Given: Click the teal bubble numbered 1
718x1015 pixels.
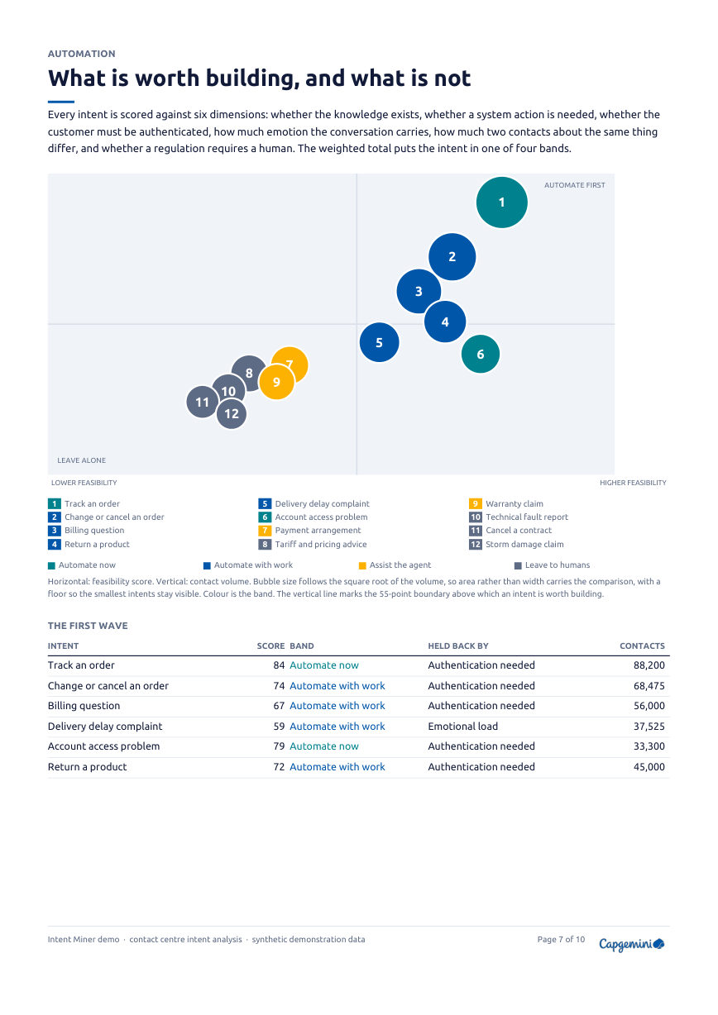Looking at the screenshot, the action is [501, 203].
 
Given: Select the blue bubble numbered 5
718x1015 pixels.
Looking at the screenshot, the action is [379, 342].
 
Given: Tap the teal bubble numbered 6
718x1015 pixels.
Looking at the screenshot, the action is [481, 354].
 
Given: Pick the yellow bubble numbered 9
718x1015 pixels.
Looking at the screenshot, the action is [276, 382].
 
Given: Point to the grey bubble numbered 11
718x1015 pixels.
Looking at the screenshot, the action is [203, 402].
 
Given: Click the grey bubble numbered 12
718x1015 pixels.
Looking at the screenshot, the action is [232, 414].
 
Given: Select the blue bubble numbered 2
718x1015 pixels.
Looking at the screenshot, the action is [452, 257].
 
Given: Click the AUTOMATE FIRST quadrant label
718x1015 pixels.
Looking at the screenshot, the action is [574, 185].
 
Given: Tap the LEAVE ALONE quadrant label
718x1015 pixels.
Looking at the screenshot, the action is [81, 460].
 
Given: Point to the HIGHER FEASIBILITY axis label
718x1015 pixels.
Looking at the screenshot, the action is [633, 483].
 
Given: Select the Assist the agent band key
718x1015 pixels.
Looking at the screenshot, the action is [395, 565].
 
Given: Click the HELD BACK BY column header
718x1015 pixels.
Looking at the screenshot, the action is [458, 646].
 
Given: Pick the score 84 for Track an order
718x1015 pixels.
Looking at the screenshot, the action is [279, 665].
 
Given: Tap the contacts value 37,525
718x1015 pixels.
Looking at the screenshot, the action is [649, 727].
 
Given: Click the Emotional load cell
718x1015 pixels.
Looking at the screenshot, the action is [462, 727].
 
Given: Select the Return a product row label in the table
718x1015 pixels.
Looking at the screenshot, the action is [87, 767].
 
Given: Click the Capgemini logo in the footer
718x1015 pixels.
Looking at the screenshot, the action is [631, 944].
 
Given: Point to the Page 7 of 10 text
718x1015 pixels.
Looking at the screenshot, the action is [561, 939].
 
